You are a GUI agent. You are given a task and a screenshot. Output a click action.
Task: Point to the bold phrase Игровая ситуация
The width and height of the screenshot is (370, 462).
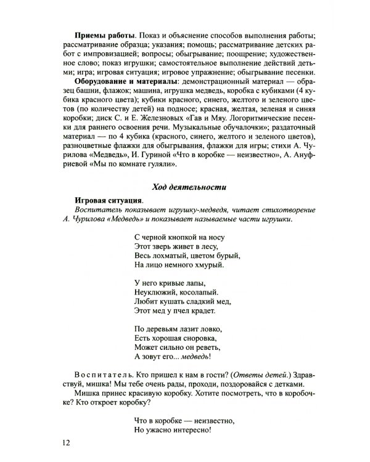point(108,200)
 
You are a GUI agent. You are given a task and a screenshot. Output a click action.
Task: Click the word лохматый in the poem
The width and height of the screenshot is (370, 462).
point(169,256)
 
